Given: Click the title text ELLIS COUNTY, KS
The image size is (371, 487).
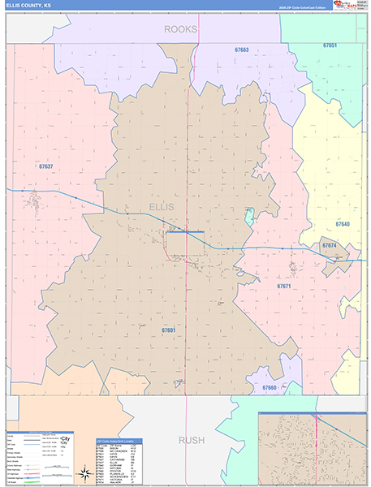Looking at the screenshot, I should coord(34,6).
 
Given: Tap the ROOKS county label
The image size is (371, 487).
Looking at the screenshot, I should coord(181,29).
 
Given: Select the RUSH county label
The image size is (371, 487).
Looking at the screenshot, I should coord(192,440).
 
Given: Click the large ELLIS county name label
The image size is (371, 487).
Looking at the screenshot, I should coord(162,207).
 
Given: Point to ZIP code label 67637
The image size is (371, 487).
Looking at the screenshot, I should coord(46,166).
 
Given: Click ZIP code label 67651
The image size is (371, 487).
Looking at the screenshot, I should coord(330,45).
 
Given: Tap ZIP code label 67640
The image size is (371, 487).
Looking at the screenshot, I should coord(343,223).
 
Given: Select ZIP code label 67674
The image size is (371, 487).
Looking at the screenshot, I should coord(329,245).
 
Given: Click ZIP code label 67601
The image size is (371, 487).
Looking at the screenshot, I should coord(169,330).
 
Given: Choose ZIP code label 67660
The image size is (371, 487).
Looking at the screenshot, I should coord(270,388).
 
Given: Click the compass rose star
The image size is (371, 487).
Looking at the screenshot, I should coord(84,473).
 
